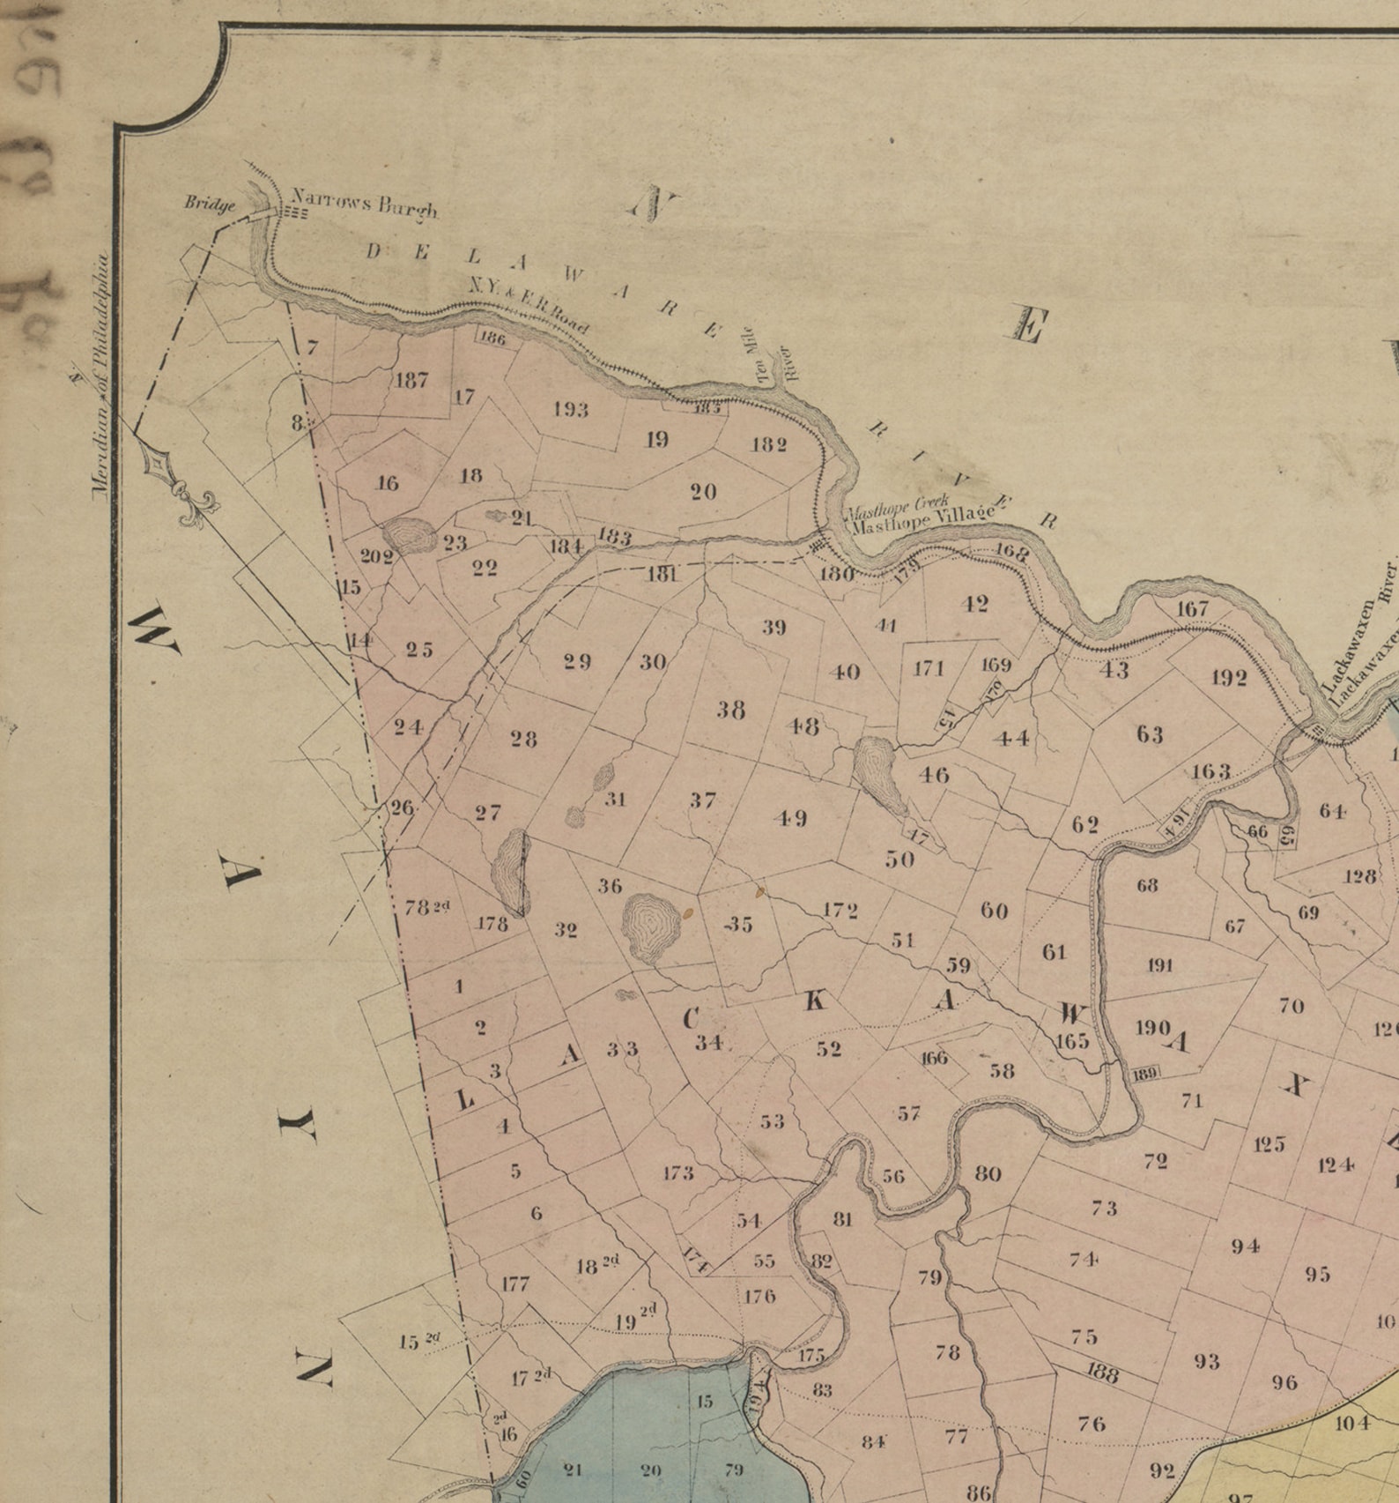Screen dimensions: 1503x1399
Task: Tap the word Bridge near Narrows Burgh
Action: [210, 204]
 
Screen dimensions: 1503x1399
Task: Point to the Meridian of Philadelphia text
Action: [101, 376]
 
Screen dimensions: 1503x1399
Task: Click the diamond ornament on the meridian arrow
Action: [157, 462]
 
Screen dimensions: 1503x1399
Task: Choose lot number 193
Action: [571, 410]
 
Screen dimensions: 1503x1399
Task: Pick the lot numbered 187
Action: [411, 381]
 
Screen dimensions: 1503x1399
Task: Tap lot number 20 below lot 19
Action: [703, 492]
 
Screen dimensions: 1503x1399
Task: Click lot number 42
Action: [975, 605]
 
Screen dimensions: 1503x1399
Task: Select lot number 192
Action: [1229, 677]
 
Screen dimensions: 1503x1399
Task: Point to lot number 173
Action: [678, 1173]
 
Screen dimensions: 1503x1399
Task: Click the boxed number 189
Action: [1144, 1073]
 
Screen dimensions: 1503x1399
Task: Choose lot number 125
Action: [1269, 1144]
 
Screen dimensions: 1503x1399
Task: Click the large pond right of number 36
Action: [652, 926]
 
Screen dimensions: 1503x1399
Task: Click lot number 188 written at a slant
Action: [1101, 1373]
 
